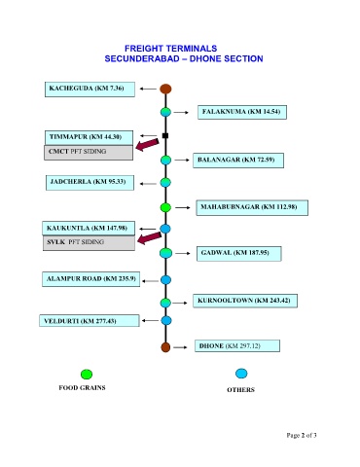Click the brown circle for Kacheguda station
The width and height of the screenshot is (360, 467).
tap(165, 89)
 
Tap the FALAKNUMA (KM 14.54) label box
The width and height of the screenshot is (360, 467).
tap(242, 112)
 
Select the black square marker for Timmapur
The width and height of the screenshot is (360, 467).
tap(165, 135)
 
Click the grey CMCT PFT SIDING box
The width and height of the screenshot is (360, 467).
tap(89, 153)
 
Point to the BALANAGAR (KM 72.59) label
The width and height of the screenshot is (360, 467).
tap(238, 161)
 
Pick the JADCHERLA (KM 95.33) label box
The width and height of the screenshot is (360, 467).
tap(90, 183)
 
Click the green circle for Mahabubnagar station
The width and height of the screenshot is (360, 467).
tap(165, 207)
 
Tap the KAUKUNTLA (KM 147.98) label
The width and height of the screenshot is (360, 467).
tap(89, 229)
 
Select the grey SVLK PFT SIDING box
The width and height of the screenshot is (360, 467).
tap(89, 243)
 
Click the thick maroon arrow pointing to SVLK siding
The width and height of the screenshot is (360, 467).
tap(149, 238)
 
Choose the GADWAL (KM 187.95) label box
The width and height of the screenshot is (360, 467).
tap(239, 254)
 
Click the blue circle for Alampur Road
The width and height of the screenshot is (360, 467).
tap(165, 279)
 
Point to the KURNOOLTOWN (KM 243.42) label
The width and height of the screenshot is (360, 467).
tap(245, 301)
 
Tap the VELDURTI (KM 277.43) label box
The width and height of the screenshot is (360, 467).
tap(90, 321)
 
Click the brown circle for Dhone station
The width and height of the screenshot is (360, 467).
tap(165, 347)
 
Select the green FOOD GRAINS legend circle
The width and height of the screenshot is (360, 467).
tap(87, 375)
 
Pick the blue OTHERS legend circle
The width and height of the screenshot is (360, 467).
tap(241, 374)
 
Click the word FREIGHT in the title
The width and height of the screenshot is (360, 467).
tap(143, 49)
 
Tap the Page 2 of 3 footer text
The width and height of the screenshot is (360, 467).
tap(302, 435)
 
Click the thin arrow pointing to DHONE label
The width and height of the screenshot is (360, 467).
tap(180, 347)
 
